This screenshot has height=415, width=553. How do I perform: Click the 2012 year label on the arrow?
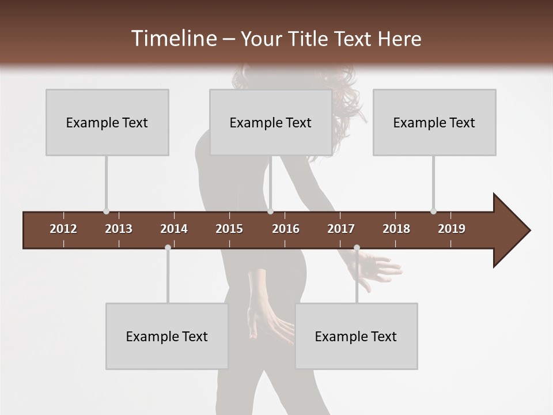[63, 229]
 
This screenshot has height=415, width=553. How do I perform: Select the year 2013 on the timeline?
[119, 229]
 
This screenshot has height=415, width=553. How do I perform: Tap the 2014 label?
[174, 229]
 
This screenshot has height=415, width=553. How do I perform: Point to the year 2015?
[229, 229]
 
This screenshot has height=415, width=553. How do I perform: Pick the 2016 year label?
[286, 229]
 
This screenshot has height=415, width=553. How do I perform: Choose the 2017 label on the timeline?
[341, 229]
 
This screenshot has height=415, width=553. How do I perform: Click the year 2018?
[396, 229]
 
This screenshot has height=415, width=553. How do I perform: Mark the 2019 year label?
[452, 229]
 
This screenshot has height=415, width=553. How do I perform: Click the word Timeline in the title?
[173, 39]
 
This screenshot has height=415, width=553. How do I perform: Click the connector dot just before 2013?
[106, 212]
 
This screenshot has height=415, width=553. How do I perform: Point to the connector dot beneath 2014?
[168, 247]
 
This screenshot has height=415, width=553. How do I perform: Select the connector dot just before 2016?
[271, 212]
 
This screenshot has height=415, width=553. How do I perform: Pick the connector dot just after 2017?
[357, 247]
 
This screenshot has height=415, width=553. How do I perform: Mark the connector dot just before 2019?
[434, 212]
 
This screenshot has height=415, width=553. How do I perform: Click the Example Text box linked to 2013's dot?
[107, 122]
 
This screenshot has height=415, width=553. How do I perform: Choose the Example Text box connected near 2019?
[434, 122]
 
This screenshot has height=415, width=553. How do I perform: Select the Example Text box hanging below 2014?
[167, 336]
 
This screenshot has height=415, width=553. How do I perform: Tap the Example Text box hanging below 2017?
[356, 336]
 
